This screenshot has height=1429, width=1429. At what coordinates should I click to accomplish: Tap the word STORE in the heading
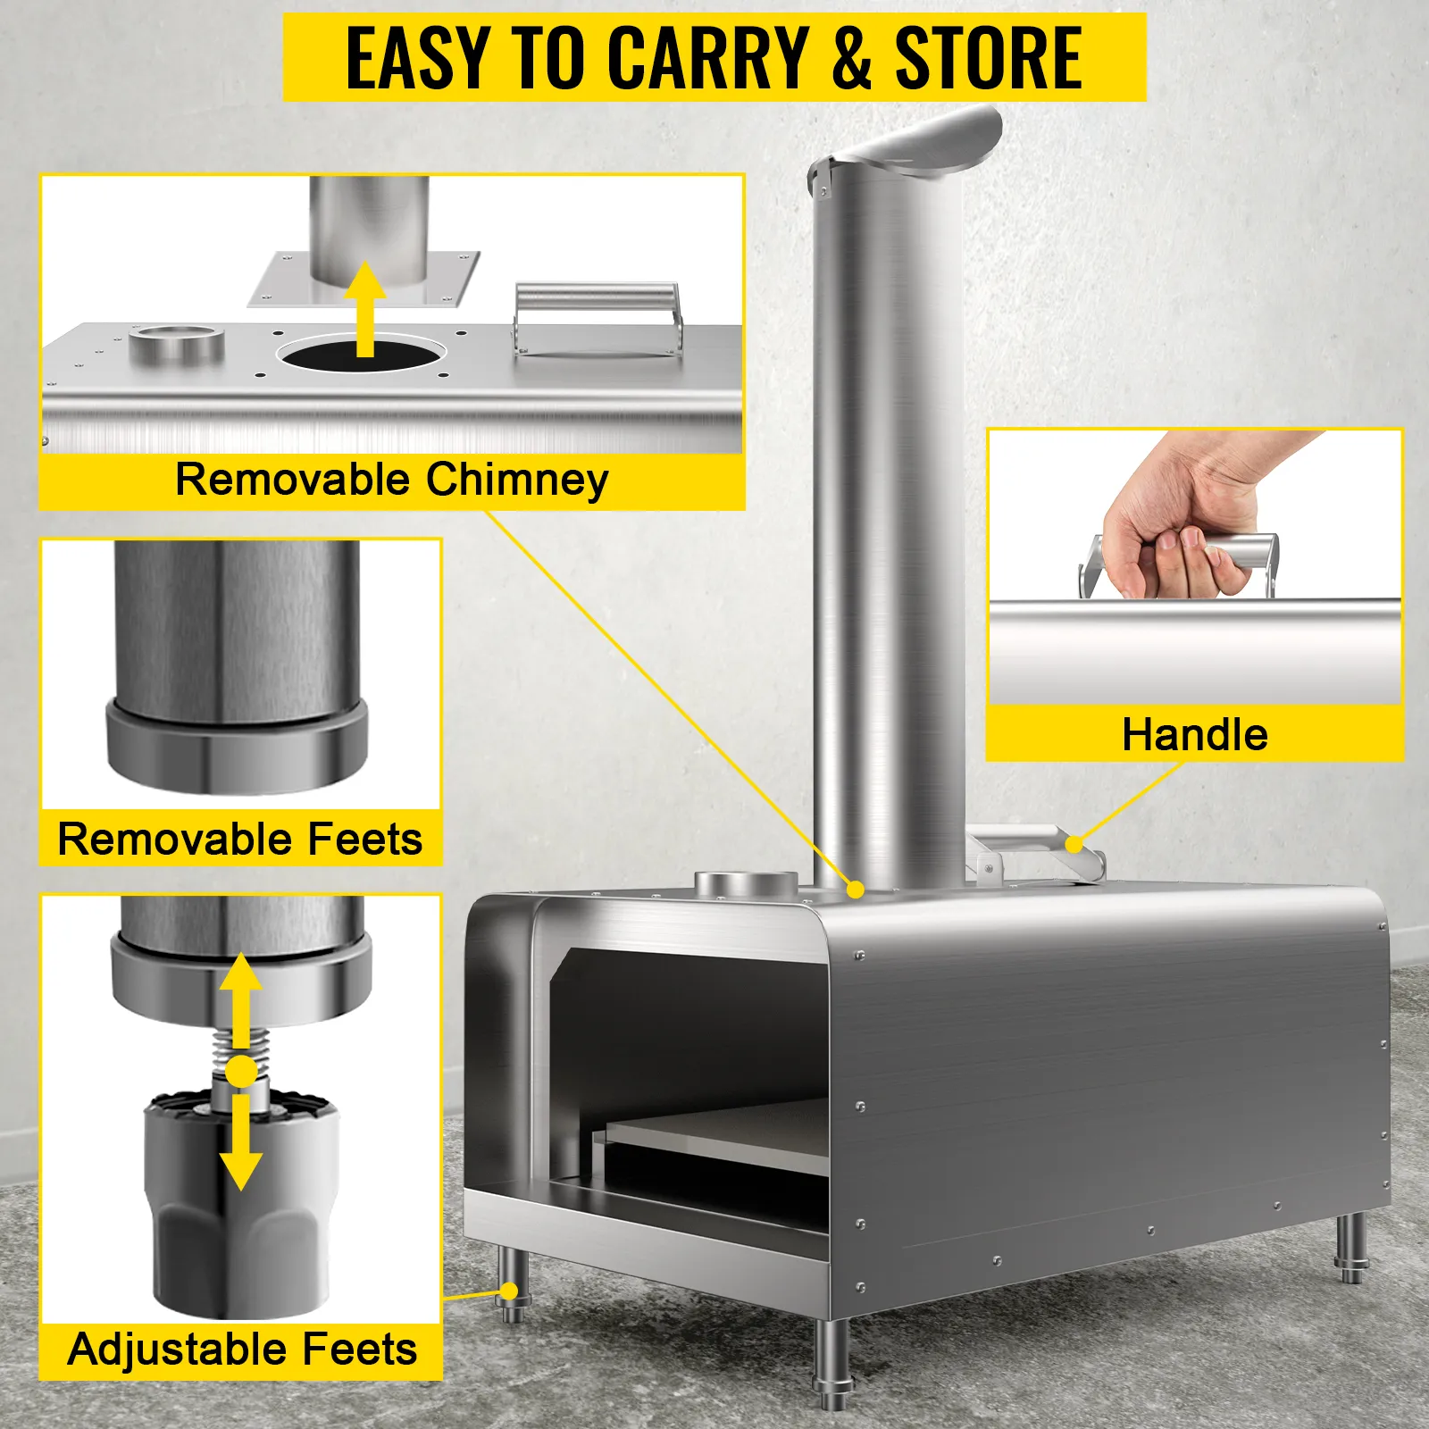point(989,59)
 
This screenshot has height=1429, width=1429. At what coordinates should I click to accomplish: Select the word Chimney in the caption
point(517,481)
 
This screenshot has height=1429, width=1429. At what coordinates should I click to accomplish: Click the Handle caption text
point(1195,735)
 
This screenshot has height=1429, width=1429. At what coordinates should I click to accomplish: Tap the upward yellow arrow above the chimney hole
point(364,309)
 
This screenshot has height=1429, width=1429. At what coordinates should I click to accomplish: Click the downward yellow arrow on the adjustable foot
point(240,1143)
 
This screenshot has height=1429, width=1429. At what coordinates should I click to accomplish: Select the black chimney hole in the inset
point(362,355)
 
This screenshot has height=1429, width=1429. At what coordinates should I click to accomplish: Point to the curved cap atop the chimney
point(907,143)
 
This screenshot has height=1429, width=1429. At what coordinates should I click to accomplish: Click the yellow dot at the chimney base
point(856,890)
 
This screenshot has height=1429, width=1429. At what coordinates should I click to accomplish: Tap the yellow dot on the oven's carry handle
point(1074,843)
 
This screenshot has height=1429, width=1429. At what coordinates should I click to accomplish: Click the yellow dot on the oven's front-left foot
point(509,1291)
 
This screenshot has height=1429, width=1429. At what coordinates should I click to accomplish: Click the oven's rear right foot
point(1353,1247)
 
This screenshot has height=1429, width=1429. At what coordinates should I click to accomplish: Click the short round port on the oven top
point(747,884)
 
